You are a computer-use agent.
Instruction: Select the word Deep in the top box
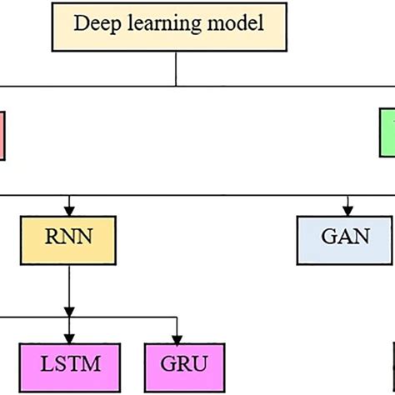pos(91,23)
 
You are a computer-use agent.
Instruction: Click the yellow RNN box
pos(69,237)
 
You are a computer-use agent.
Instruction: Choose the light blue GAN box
pos(344,237)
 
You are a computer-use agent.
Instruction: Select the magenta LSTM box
pos(69,364)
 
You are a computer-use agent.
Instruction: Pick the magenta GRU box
pos(177,364)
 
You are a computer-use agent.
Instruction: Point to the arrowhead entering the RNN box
pos(69,210)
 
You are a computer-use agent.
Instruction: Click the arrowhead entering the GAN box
pos(344,210)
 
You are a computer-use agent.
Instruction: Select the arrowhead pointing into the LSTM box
pos(69,337)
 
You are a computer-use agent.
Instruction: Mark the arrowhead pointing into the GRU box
pos(177,337)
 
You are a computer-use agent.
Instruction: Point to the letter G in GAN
pos(327,237)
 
